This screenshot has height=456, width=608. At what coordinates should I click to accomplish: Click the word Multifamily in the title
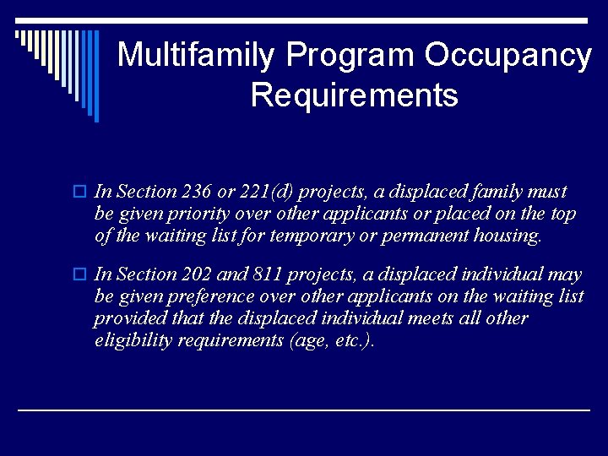(196, 56)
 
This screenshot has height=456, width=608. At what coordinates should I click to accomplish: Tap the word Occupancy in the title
(508, 56)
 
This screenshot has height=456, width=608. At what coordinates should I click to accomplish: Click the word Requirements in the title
(354, 95)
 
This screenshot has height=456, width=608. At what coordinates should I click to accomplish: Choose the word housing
(503, 236)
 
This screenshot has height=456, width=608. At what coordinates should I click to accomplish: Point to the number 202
(197, 274)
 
